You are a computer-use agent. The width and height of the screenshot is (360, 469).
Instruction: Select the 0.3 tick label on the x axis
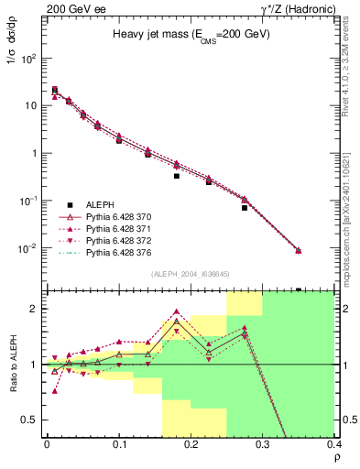(263, 446)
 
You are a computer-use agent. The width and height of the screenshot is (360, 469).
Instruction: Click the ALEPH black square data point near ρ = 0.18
(177, 176)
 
